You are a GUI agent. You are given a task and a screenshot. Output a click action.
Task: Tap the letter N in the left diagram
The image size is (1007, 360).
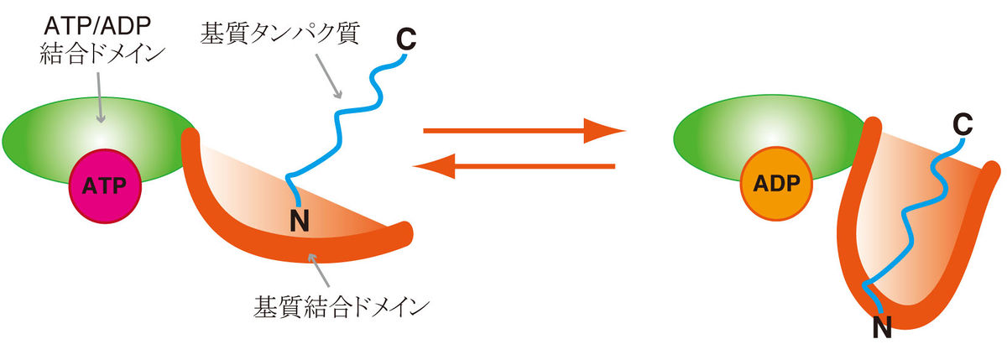299,221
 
